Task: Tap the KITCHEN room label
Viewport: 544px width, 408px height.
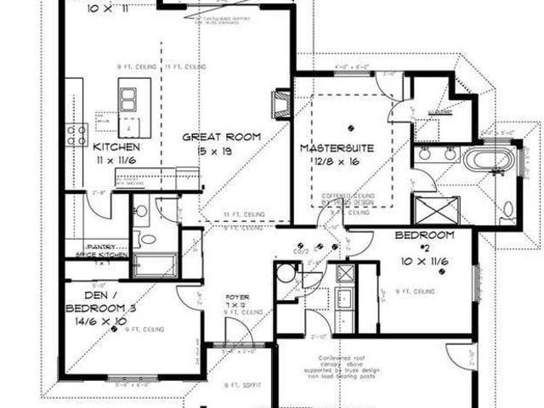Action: pos(116,146)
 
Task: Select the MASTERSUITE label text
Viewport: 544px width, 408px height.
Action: pos(334,148)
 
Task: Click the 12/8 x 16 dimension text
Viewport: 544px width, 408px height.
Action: pos(335,160)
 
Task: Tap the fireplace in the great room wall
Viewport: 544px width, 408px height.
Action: pos(280,103)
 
